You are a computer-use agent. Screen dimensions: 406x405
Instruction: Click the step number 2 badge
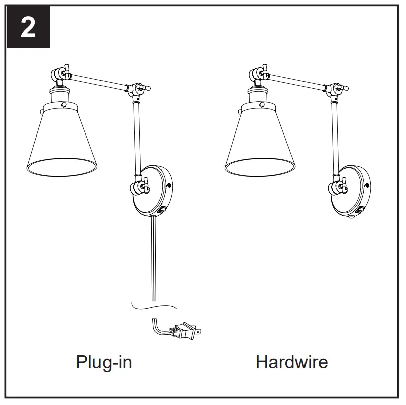pyautogui.click(x=28, y=28)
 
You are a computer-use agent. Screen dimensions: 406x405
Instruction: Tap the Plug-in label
pyautogui.click(x=104, y=362)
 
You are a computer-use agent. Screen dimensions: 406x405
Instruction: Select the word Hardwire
pyautogui.click(x=291, y=362)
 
